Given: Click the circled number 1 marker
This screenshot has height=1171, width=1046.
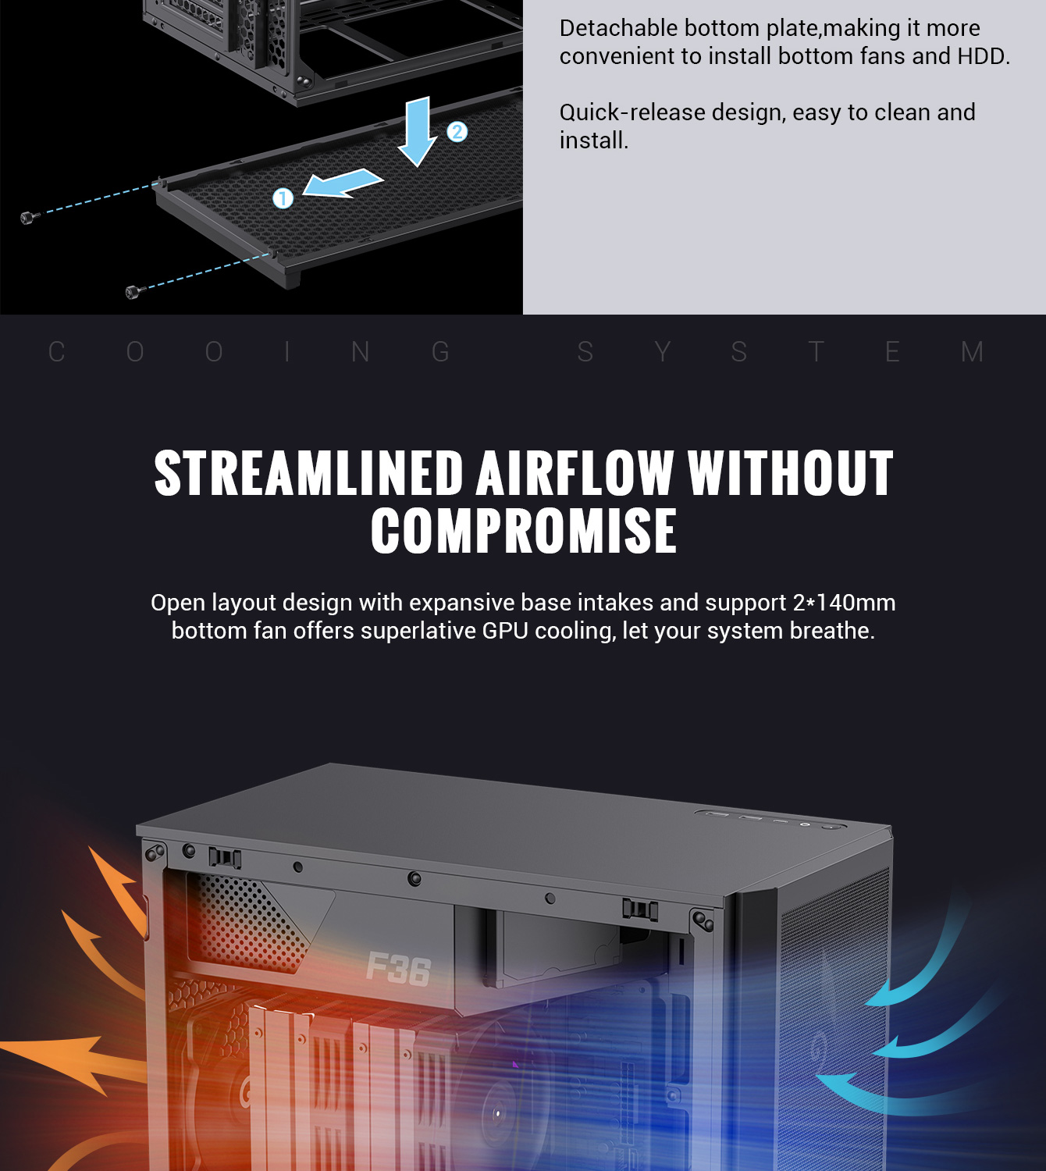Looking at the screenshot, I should (x=283, y=198).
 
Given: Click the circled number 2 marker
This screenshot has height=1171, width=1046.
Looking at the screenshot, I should (x=457, y=131).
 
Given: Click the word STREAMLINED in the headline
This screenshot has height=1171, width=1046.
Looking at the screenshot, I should (x=309, y=474).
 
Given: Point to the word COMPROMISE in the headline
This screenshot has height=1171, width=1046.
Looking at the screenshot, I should (x=523, y=532).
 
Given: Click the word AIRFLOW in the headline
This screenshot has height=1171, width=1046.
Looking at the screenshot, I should (x=575, y=474).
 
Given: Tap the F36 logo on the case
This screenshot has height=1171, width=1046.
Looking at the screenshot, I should (x=398, y=969).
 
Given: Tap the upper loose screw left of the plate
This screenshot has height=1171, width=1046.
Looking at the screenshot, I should (x=27, y=217).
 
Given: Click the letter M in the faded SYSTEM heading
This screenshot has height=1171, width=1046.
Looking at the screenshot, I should (x=972, y=352).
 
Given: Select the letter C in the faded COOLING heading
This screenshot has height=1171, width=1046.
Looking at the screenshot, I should (x=56, y=352).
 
